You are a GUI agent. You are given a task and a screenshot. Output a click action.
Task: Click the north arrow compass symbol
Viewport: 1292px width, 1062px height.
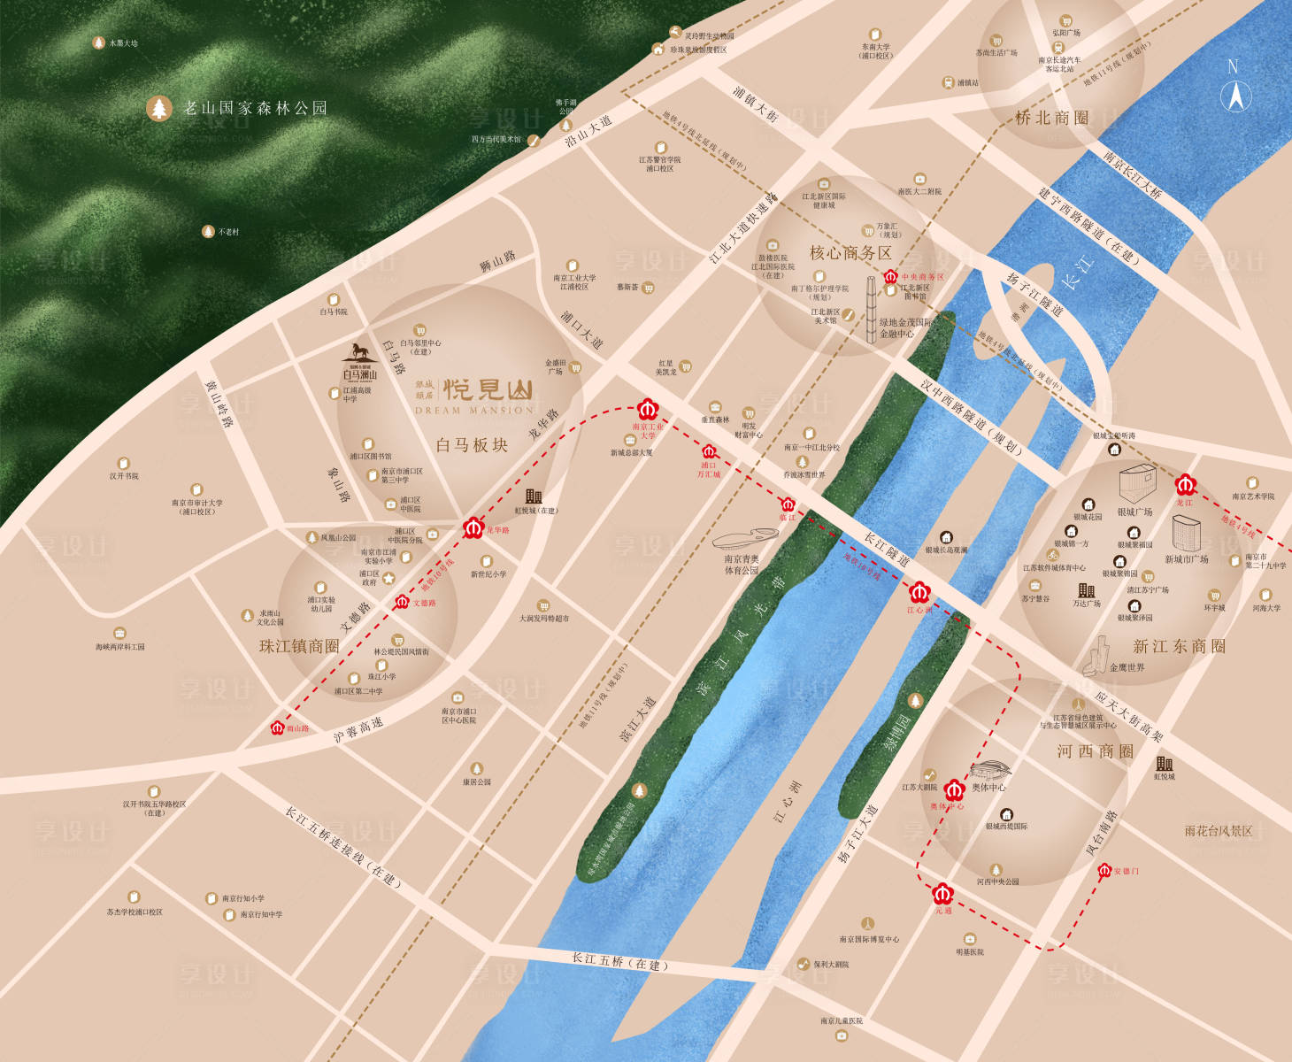coord(1235,94)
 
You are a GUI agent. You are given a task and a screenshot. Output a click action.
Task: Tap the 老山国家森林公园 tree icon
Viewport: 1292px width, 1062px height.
coord(159,109)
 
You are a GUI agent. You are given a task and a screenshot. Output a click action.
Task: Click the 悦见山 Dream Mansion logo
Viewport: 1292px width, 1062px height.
coord(487,390)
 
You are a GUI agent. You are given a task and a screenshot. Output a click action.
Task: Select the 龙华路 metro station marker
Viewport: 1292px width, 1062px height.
coord(473,528)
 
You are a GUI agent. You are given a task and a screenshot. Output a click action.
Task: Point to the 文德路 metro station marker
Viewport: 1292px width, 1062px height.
coord(402,602)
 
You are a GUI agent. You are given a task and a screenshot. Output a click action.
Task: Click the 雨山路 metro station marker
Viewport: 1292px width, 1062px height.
coord(278,727)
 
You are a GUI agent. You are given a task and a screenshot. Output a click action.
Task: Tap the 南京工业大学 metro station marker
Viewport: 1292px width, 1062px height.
coord(648,410)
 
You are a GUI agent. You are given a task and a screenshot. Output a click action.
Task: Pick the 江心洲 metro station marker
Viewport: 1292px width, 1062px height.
coord(919,591)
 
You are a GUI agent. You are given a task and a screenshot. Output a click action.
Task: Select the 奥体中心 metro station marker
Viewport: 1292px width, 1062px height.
coord(954,789)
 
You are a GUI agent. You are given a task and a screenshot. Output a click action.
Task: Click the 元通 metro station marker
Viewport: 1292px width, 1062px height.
coord(943,893)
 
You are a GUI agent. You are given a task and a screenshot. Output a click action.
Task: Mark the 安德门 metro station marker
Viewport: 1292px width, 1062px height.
coord(1104,871)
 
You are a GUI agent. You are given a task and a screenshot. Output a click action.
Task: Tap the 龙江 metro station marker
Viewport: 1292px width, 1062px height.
coord(1186,485)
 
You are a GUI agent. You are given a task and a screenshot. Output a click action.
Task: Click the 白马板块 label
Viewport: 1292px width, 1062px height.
coord(472,445)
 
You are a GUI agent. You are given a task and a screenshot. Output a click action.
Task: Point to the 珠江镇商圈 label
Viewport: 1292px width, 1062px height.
coord(299,646)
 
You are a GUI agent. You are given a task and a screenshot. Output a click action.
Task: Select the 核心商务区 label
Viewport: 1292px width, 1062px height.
coord(850,253)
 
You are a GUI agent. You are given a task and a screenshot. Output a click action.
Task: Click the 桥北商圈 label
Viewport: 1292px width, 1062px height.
coord(1051,118)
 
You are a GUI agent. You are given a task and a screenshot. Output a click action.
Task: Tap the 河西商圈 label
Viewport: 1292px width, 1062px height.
coord(1095,751)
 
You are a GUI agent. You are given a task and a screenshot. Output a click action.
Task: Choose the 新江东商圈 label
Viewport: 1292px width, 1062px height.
coord(1179,646)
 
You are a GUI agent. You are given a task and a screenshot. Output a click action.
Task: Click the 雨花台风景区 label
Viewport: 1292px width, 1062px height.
coord(1219,831)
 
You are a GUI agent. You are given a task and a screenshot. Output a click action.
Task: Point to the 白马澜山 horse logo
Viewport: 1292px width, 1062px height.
coord(360,350)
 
